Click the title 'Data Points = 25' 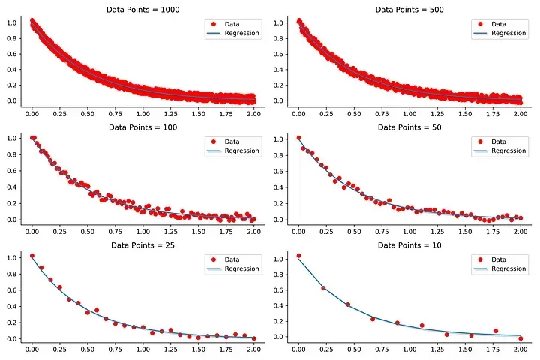coord(142,244)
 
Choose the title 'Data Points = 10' coord(410,244)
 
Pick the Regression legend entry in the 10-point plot coord(504,269)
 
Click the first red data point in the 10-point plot coord(299,256)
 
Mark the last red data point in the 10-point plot coord(520,338)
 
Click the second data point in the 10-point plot coord(323,288)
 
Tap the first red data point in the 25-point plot coord(31,256)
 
